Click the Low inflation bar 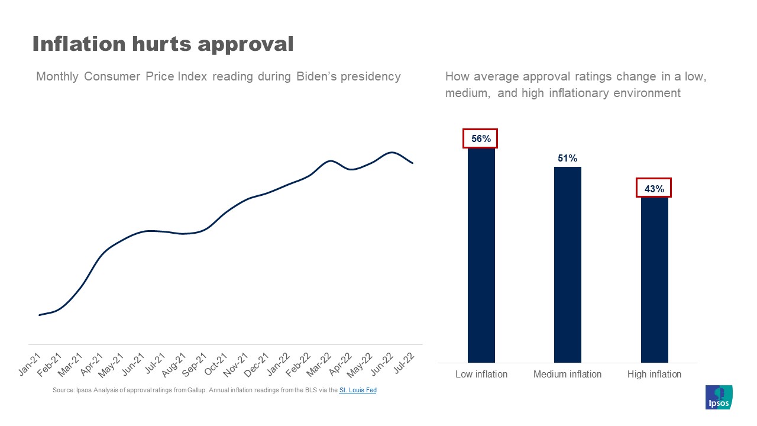481,254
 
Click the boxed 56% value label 481,138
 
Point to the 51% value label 567,158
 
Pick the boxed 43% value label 654,188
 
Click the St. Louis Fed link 358,390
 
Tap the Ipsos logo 719,397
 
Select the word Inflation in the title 79,43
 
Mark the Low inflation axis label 481,374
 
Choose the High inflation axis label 654,374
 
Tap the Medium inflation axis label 567,374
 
